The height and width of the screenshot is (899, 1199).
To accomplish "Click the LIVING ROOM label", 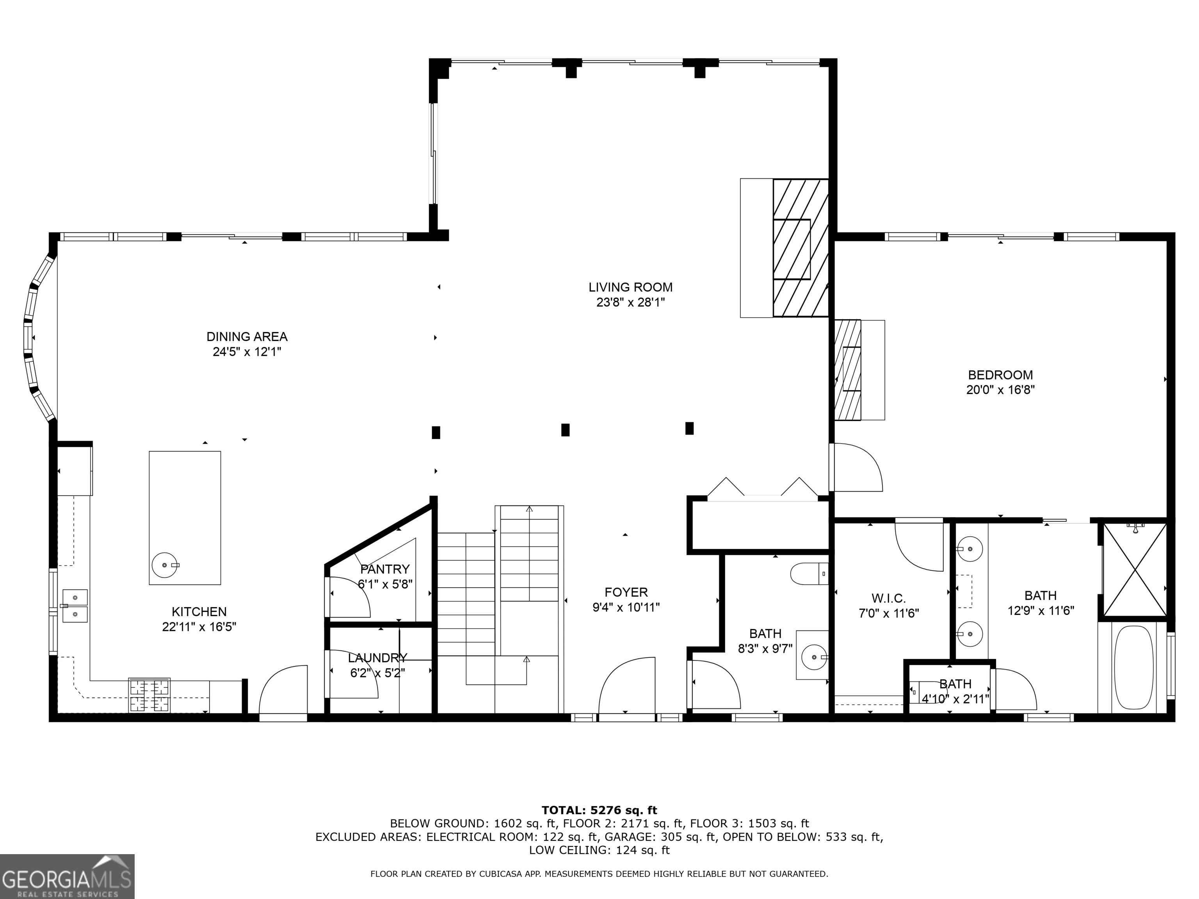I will click(630, 287).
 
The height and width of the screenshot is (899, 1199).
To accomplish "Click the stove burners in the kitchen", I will click(149, 696).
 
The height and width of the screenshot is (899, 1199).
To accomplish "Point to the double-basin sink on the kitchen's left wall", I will click(75, 606).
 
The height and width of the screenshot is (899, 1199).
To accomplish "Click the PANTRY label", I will click(385, 569).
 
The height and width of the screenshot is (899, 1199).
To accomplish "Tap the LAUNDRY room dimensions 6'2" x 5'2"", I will click(377, 673).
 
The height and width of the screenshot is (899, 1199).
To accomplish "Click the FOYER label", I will click(626, 592).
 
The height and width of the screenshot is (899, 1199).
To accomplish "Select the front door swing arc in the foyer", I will click(626, 686).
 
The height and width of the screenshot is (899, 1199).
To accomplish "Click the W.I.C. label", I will click(888, 598).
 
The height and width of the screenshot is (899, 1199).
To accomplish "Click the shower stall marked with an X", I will click(1135, 570).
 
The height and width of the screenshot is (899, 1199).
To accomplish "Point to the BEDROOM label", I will click(1000, 375).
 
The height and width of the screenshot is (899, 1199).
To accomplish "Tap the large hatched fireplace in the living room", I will click(800, 248).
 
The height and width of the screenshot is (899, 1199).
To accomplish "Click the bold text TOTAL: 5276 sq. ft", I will click(599, 810).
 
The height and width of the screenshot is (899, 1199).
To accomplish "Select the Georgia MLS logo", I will click(67, 876).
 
